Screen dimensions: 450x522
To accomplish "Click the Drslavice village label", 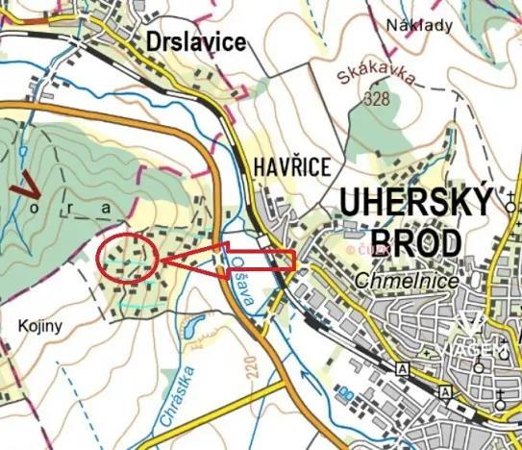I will tap(196, 41).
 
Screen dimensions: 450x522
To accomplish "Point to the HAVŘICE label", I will tap(286, 166).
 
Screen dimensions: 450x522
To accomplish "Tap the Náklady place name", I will tap(419, 26).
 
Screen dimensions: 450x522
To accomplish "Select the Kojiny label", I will tap(39, 326).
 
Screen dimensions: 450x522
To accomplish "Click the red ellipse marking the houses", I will tap(127, 258).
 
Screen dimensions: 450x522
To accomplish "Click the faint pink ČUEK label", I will tap(374, 248).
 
